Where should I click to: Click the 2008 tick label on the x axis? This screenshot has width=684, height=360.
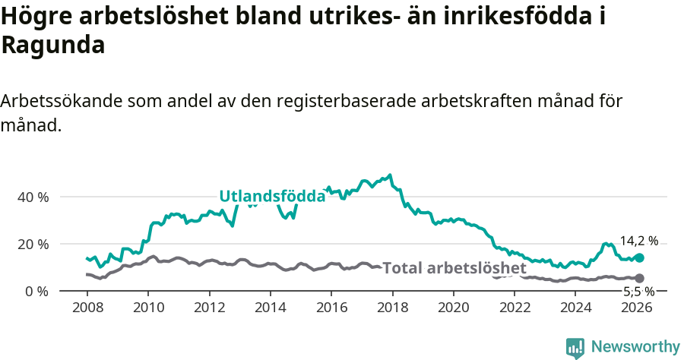[87, 308]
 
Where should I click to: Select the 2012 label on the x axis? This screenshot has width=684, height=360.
[209, 308]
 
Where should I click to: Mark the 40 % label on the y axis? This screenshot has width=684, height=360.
[33, 197]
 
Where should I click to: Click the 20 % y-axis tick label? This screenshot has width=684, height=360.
[33, 244]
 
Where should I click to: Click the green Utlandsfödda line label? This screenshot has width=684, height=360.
[272, 196]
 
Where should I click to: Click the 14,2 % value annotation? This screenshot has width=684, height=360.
[638, 242]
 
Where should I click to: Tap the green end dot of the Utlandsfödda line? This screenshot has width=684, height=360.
[639, 258]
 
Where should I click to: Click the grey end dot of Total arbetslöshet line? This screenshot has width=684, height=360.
[639, 279]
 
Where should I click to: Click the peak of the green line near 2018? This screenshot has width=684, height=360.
[390, 175]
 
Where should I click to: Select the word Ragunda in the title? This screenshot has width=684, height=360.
[53, 46]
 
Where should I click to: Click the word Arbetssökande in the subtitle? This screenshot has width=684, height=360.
[62, 101]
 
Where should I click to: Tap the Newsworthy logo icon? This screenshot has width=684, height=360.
[575, 347]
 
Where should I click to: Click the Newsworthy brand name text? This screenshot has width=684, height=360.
[635, 347]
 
